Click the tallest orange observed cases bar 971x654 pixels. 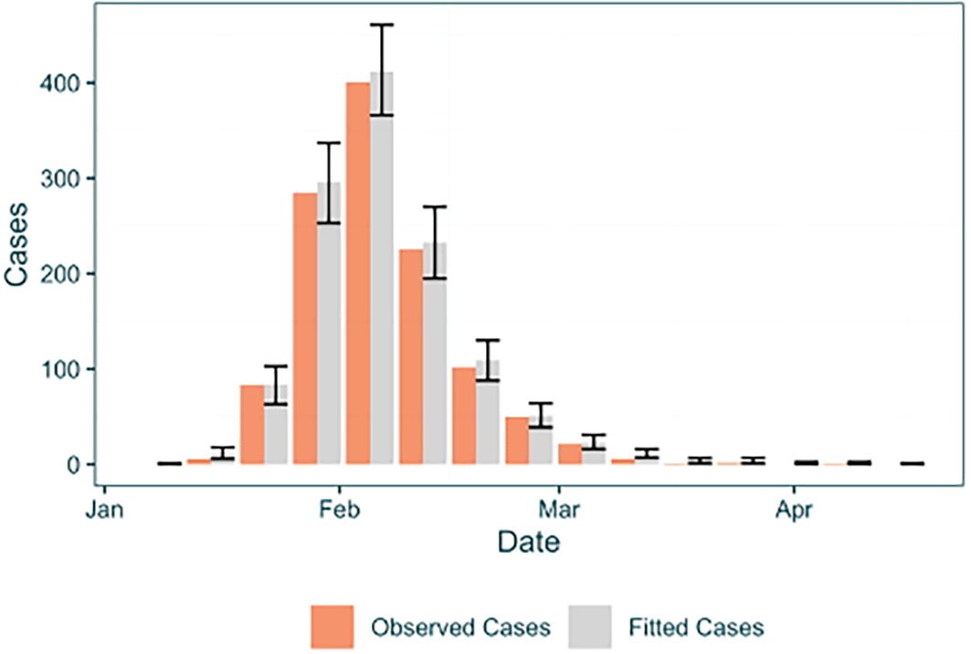click(358, 273)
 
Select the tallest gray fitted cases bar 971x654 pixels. click(382, 269)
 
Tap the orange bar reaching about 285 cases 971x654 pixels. click(305, 328)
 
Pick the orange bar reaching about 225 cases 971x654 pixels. click(411, 357)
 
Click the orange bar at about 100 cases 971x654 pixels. click(464, 417)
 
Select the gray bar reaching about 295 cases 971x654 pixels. click(329, 323)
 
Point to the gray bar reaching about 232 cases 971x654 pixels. click(435, 353)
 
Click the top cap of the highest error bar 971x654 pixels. click(382, 25)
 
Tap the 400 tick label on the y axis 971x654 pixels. click(60, 83)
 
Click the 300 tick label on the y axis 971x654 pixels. click(60, 178)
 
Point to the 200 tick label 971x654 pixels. click(60, 274)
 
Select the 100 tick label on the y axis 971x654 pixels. click(60, 369)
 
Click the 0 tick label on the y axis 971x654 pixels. click(74, 465)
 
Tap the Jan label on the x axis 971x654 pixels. click(105, 510)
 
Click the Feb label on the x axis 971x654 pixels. click(339, 510)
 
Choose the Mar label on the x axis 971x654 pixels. click(559, 510)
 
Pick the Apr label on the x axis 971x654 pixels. click(794, 511)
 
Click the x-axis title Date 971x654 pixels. click(529, 542)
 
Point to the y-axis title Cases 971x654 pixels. click(16, 244)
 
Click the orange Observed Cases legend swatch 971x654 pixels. click(332, 627)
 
